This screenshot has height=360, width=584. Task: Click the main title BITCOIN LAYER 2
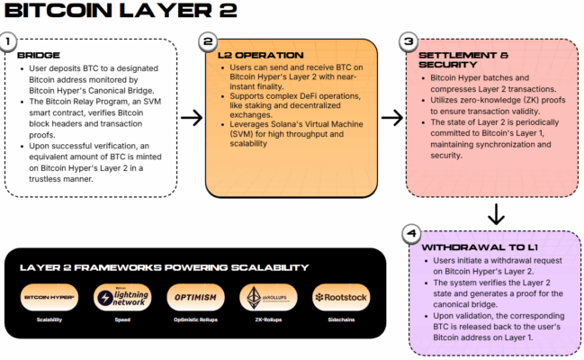pyautogui.click(x=121, y=13)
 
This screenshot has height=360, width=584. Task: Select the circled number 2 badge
pyautogui.click(x=207, y=42)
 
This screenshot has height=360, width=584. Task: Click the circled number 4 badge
pyautogui.click(x=410, y=233)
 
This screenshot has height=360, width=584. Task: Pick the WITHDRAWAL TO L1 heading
pyautogui.click(x=478, y=247)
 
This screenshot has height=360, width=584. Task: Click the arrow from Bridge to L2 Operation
pyautogui.click(x=190, y=117)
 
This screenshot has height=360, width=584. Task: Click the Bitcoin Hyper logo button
pyautogui.click(x=49, y=297)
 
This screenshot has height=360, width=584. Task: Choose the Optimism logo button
pyautogui.click(x=195, y=297)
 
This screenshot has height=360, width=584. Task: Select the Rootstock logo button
pyautogui.click(x=340, y=297)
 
